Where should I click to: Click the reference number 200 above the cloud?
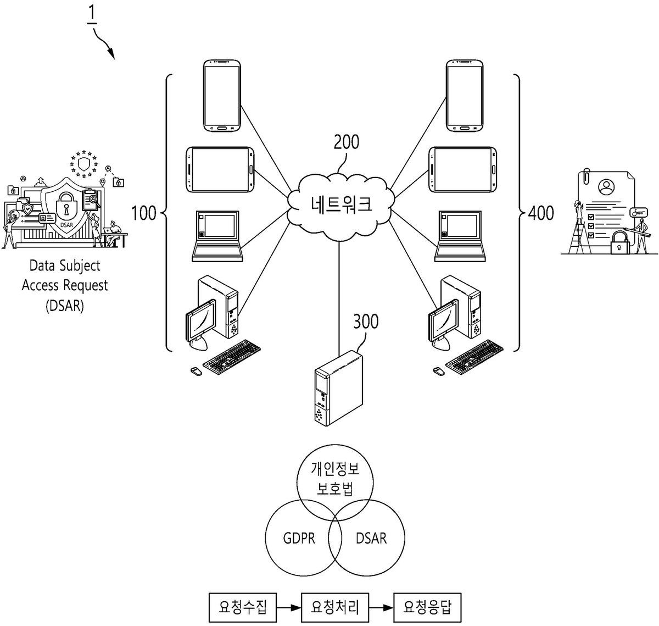[346, 142]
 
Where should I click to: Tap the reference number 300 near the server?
[366, 321]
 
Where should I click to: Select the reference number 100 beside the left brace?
[143, 213]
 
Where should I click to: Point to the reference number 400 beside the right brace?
[541, 213]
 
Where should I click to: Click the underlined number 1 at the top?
[92, 14]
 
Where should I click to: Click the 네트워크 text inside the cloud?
[342, 204]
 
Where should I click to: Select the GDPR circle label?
[299, 538]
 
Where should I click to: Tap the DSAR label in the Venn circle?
[371, 538]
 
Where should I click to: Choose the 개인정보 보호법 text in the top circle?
[335, 479]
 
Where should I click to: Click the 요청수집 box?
[243, 607]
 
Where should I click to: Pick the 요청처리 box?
[335, 607]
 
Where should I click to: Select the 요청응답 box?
[427, 607]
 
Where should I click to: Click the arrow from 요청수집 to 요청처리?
[289, 607]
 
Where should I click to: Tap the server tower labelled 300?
[338, 388]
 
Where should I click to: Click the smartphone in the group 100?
[222, 96]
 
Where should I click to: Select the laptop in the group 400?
[460, 236]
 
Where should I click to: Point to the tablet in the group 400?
[462, 169]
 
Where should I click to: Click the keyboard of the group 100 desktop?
[232, 357]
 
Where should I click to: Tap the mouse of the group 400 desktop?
[438, 371]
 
